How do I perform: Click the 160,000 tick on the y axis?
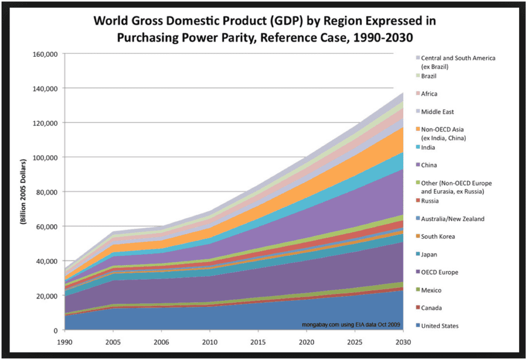pyautogui.click(x=45, y=54)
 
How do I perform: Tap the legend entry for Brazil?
pyautogui.click(x=429, y=76)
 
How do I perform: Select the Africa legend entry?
pyautogui.click(x=429, y=94)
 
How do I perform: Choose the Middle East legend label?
pyautogui.click(x=437, y=112)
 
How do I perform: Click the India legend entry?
pyautogui.click(x=428, y=148)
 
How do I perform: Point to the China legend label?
pyautogui.click(x=429, y=166)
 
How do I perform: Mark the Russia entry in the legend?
pyautogui.click(x=430, y=201)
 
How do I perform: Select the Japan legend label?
pyautogui.click(x=429, y=254)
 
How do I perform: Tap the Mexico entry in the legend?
pyautogui.click(x=431, y=290)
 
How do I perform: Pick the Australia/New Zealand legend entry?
pyautogui.click(x=453, y=219)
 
